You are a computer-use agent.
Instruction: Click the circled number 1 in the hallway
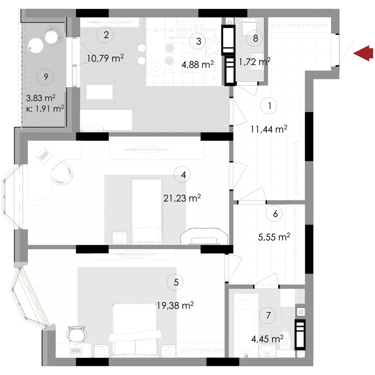[x=269, y=106]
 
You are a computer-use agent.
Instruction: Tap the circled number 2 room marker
[x=105, y=34]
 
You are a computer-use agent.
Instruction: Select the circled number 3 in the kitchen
[x=199, y=41]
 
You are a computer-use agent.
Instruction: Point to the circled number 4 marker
[x=183, y=175]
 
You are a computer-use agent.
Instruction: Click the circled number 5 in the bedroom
[x=176, y=283]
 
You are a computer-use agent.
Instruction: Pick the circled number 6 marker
[x=275, y=214]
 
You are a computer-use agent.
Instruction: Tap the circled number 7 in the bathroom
[x=268, y=315]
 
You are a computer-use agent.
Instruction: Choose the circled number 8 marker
[x=255, y=38]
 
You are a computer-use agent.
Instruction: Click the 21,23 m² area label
[x=182, y=199]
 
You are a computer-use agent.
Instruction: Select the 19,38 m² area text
[x=176, y=305]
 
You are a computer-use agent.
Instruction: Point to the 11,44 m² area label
[x=269, y=129]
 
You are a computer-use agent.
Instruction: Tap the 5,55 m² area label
[x=274, y=236]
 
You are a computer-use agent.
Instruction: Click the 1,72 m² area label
[x=255, y=62]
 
